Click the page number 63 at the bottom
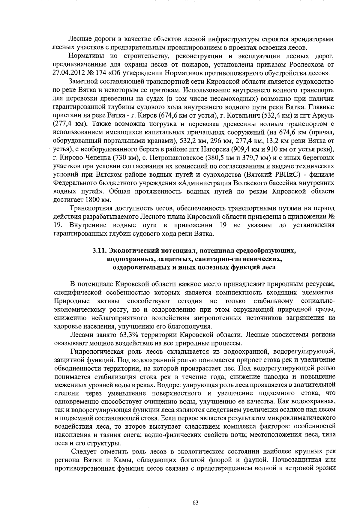click(195, 494)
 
